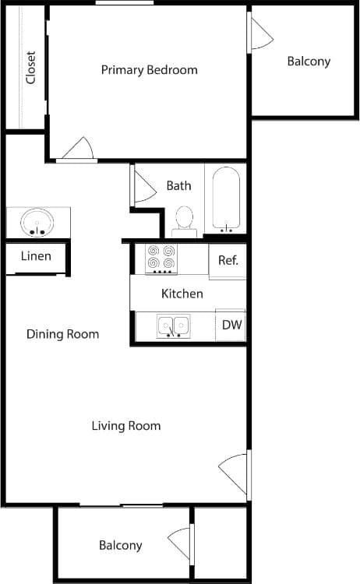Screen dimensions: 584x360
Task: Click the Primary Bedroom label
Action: (x=149, y=70)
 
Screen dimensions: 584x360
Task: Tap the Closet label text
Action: (x=31, y=68)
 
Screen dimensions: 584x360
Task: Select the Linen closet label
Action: (x=36, y=256)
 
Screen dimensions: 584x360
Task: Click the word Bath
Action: (x=178, y=186)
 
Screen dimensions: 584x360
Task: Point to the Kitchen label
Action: (x=182, y=294)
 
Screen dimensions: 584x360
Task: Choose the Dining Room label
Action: (x=62, y=334)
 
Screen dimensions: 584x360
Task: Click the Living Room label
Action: (x=126, y=426)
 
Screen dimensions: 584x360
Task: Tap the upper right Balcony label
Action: (x=309, y=62)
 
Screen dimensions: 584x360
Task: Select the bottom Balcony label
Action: (x=120, y=545)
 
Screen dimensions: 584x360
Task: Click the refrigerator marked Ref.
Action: (x=228, y=260)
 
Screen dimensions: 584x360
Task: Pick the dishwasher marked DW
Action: (x=231, y=325)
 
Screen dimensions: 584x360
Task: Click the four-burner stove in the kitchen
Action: (x=162, y=259)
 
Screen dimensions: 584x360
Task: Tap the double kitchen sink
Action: (x=173, y=325)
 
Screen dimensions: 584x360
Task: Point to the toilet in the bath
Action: (x=185, y=219)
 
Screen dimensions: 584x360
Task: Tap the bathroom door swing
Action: (x=144, y=186)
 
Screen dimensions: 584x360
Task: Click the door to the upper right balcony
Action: (x=260, y=32)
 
